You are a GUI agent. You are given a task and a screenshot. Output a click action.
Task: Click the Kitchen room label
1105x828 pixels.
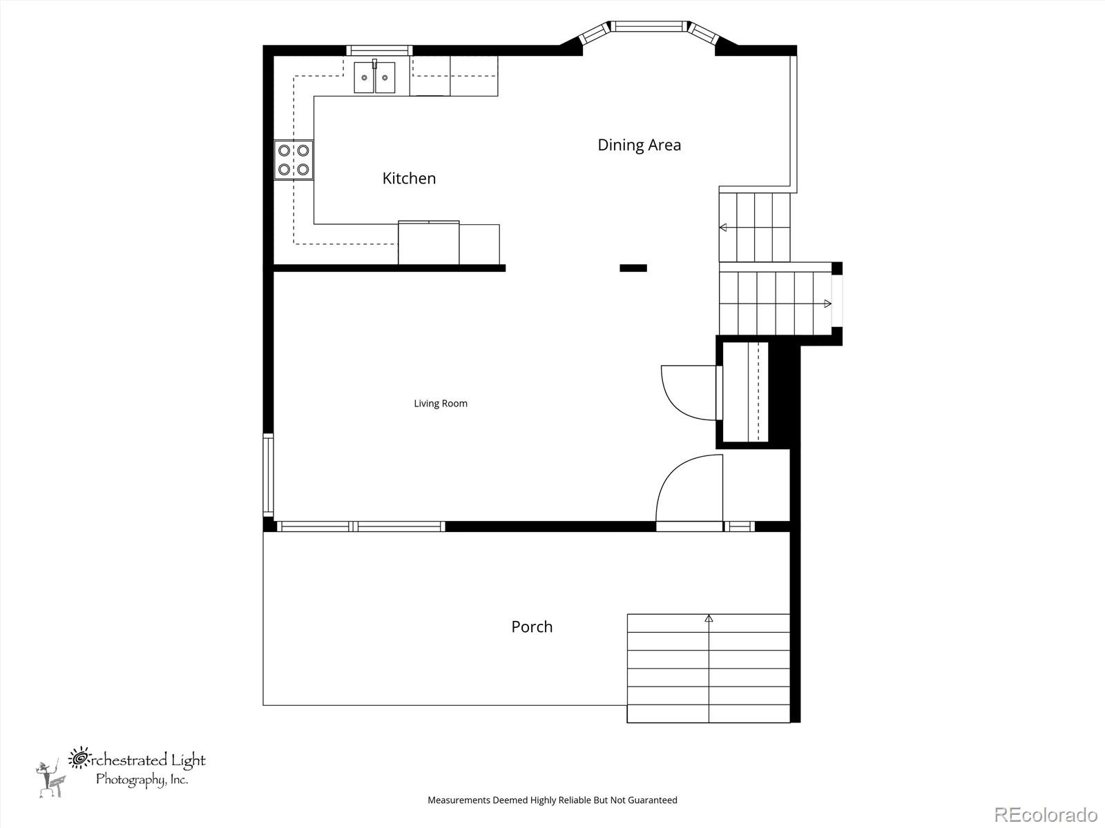[x=409, y=179]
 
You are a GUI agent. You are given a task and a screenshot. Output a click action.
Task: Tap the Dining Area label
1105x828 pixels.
[x=639, y=146]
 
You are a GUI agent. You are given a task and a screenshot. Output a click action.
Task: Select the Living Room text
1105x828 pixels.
[x=441, y=404]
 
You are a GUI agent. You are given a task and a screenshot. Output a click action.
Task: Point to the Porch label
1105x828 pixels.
[x=532, y=627]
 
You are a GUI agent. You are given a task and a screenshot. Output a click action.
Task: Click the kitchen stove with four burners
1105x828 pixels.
[x=294, y=160]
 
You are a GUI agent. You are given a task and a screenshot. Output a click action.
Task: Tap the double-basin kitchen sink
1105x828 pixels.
[x=374, y=77]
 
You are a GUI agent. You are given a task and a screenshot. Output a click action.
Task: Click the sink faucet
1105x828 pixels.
[x=374, y=64]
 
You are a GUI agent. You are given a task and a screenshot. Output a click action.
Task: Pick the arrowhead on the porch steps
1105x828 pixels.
[x=709, y=618]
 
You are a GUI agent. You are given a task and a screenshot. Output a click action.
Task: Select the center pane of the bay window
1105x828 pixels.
[x=649, y=26]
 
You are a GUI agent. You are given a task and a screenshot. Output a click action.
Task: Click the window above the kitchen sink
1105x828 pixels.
[x=379, y=50]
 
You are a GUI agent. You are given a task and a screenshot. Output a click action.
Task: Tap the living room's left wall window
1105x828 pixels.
[x=269, y=475]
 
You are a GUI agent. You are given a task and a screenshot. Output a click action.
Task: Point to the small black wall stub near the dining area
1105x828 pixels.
[x=633, y=268]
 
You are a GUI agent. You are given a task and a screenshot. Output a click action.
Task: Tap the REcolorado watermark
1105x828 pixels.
[x=1046, y=814]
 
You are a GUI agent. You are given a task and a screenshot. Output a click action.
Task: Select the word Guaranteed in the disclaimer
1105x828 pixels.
[x=653, y=800]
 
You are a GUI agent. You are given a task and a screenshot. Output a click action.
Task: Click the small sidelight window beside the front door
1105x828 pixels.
[x=739, y=526]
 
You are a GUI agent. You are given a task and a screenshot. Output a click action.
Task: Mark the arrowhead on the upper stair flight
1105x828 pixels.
[x=723, y=228]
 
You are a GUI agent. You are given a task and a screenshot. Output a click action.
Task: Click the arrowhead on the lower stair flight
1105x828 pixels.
[x=827, y=304]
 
